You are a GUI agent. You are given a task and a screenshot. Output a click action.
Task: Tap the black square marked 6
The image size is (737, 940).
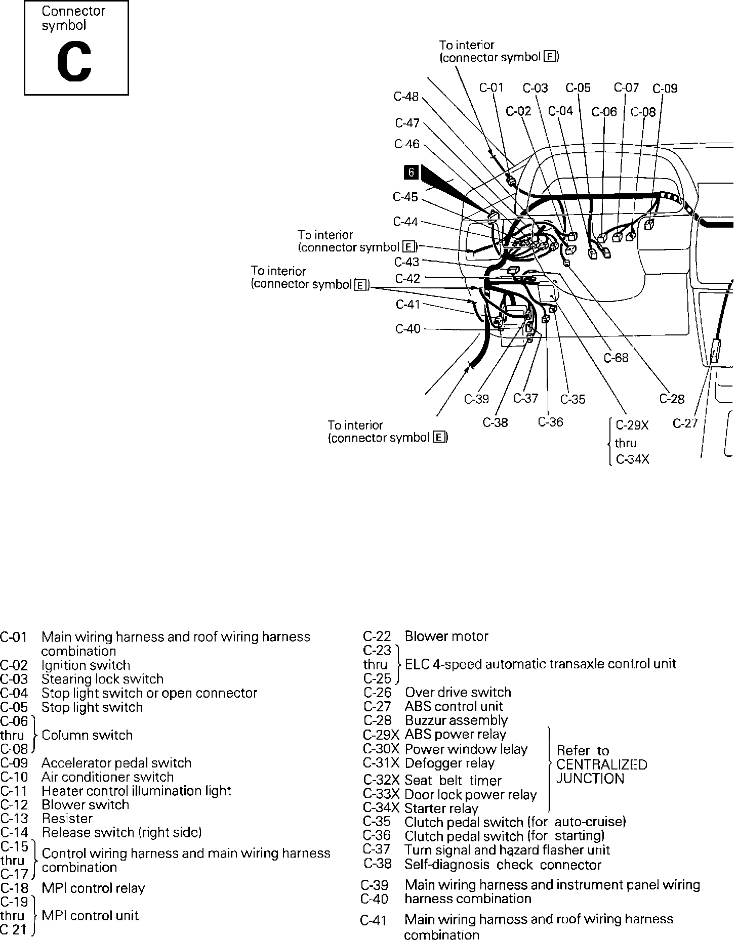click(x=411, y=173)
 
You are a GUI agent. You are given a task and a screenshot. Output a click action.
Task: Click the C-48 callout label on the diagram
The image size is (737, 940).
click(x=406, y=96)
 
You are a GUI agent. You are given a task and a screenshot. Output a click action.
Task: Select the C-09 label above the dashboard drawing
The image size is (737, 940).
click(x=665, y=89)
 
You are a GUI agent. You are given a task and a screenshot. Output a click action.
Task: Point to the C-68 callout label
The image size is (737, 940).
click(x=616, y=358)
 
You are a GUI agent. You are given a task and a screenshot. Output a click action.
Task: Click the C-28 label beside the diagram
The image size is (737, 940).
click(x=672, y=399)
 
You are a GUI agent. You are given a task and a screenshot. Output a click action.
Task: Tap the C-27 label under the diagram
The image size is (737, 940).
click(x=685, y=423)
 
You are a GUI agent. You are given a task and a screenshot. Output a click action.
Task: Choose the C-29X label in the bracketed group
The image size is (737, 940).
click(x=632, y=425)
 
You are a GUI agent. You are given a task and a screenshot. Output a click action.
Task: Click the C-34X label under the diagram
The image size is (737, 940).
click(x=633, y=459)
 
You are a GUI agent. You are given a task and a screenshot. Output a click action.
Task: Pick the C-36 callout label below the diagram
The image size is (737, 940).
click(x=550, y=422)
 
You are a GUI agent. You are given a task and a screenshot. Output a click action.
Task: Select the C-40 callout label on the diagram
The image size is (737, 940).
click(x=407, y=329)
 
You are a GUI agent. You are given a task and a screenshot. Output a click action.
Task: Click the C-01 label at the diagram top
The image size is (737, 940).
click(x=492, y=88)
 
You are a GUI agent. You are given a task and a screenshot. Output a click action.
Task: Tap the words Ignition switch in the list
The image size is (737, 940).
click(x=86, y=665)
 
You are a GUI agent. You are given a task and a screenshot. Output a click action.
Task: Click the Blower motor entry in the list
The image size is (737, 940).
click(x=446, y=636)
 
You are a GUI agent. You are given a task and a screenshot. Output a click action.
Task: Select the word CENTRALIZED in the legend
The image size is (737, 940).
click(x=601, y=764)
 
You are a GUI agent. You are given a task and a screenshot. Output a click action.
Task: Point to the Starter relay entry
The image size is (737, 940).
click(x=441, y=808)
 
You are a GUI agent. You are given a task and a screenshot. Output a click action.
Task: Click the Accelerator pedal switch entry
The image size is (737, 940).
click(x=116, y=762)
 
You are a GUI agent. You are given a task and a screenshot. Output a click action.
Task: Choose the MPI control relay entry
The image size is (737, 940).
click(x=93, y=888)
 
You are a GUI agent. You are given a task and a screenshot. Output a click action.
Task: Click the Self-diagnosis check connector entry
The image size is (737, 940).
click(x=503, y=865)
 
